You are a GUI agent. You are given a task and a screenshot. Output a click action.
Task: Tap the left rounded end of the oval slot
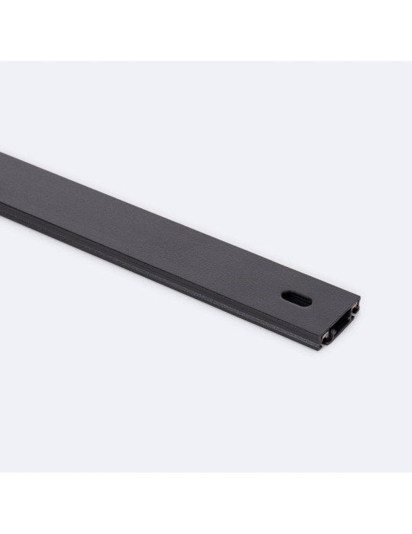[284, 296]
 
